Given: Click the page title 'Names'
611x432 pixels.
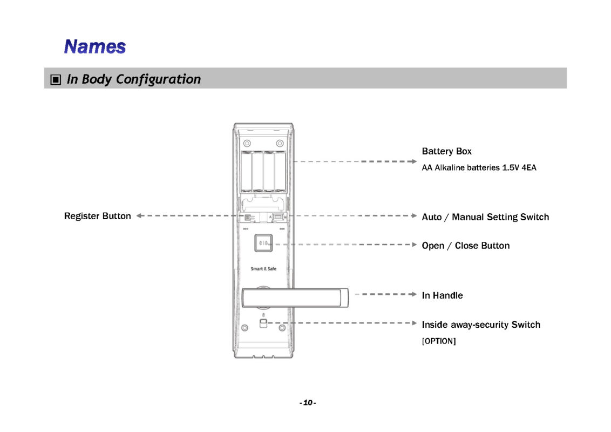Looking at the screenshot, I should click(x=94, y=46).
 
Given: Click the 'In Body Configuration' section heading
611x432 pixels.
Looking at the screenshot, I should click(x=133, y=79).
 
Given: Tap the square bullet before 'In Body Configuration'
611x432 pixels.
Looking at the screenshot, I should click(x=55, y=80).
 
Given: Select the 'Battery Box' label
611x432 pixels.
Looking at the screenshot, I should click(x=446, y=151).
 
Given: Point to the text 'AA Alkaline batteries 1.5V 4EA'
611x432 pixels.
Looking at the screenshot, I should click(x=479, y=168).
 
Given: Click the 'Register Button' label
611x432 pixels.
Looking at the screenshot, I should click(x=97, y=216).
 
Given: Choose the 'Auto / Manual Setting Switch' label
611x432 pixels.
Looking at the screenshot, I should click(x=485, y=217).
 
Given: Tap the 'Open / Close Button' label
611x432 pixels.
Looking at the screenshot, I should click(x=465, y=246).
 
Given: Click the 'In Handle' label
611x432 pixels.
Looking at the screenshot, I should click(x=442, y=295).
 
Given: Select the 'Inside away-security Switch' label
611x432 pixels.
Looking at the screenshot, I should click(x=480, y=325).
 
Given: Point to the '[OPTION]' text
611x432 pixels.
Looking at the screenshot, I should click(x=438, y=341).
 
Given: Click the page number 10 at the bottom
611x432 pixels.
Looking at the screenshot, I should click(x=308, y=403).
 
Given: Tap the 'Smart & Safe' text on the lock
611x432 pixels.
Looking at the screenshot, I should click(x=263, y=268).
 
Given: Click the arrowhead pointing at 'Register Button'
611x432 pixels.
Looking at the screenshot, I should click(x=139, y=215).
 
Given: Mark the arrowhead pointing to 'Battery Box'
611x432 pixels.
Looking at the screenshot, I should click(x=414, y=161).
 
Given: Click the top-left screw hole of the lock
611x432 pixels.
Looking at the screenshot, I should click(x=247, y=143).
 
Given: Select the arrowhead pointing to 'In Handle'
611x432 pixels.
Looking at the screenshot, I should click(x=414, y=294).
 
